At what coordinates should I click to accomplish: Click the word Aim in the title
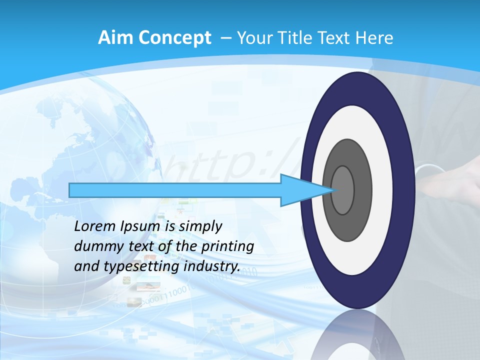(115, 38)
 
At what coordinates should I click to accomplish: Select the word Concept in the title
(174, 38)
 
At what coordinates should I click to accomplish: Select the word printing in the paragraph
(227, 246)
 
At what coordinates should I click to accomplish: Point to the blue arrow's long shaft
(175, 190)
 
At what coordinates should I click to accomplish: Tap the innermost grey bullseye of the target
(343, 190)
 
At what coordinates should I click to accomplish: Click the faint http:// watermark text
(220, 165)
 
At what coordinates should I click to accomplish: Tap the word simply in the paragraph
(200, 226)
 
